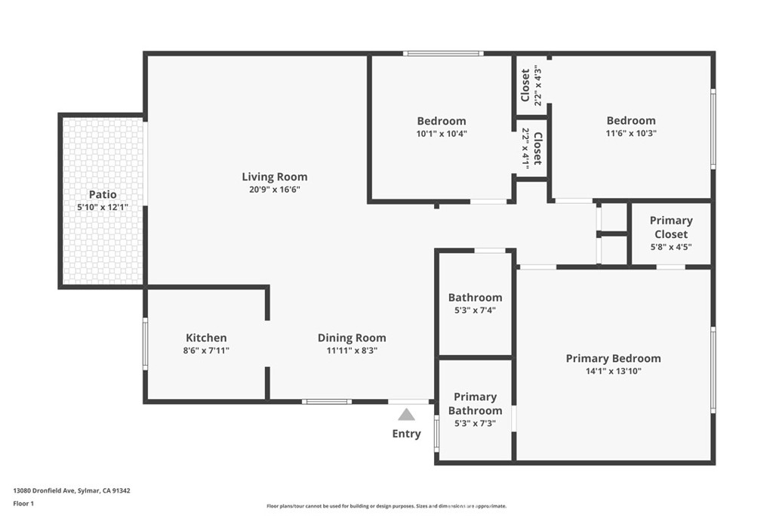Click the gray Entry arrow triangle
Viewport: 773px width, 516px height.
tap(406, 414)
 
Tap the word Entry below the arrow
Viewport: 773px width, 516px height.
tap(406, 434)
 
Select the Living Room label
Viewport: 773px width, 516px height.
tap(275, 177)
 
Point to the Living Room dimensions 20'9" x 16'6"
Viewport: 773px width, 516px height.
tap(275, 190)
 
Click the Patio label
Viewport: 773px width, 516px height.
tap(103, 194)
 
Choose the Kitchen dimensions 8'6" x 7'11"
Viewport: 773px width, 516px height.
tap(206, 351)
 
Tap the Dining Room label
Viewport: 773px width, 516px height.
tap(352, 338)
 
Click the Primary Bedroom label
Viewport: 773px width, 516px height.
tap(613, 359)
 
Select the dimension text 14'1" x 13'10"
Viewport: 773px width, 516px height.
tap(613, 371)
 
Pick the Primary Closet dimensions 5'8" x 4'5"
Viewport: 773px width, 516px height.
tap(671, 246)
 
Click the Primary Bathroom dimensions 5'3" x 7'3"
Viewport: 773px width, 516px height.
tap(475, 423)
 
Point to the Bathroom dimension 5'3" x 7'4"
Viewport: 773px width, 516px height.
tap(475, 311)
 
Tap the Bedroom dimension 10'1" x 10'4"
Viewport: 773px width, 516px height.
tap(441, 134)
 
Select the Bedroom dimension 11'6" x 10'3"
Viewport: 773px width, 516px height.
tap(631, 133)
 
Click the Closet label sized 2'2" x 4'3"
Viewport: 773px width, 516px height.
tap(525, 85)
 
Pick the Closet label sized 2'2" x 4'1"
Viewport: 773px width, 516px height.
tap(537, 149)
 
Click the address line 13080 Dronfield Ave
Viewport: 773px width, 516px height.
tap(44, 491)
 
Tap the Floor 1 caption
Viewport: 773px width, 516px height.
tap(23, 504)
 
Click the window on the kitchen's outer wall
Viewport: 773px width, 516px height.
tap(145, 343)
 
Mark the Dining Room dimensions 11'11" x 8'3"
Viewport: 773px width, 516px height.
tap(352, 351)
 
